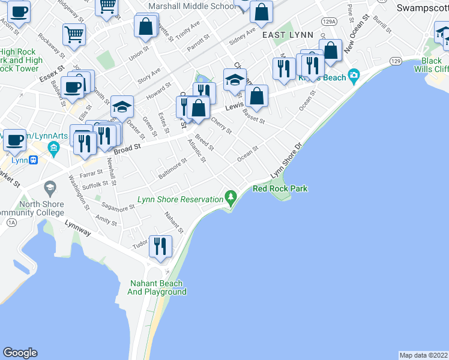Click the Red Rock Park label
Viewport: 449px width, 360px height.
click(280, 188)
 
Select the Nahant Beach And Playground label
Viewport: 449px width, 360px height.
click(157, 287)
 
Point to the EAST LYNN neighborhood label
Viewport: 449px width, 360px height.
click(288, 35)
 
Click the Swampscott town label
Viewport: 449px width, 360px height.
click(423, 9)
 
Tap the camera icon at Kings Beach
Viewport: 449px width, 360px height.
click(354, 76)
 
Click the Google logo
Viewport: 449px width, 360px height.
click(20, 353)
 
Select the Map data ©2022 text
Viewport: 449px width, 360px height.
click(424, 355)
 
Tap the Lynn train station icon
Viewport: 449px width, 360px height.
click(35, 160)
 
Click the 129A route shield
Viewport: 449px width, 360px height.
click(328, 21)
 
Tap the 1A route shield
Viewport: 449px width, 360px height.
click(11, 223)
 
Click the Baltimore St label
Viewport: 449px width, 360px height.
click(173, 169)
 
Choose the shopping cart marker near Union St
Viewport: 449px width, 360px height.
click(74, 34)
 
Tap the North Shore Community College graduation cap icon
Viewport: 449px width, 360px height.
click(50, 187)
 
